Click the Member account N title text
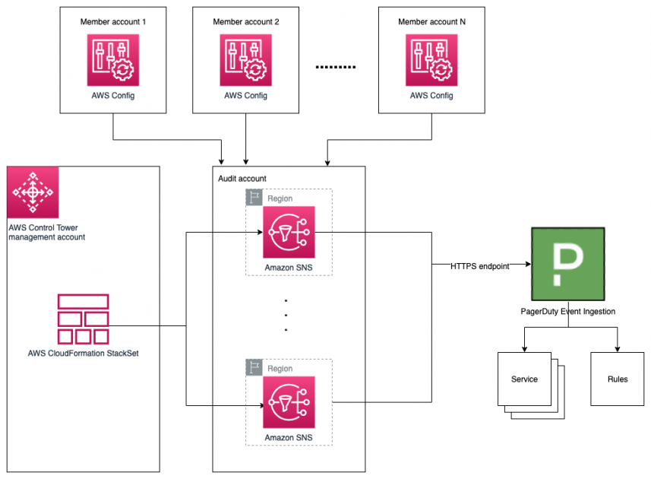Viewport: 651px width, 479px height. (431, 22)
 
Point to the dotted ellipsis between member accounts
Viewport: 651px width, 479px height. (335, 67)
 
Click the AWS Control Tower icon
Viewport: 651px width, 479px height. (33, 193)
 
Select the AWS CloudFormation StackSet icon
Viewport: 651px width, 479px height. (83, 319)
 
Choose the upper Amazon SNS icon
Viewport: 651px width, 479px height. (289, 233)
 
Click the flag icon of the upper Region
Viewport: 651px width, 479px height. (254, 198)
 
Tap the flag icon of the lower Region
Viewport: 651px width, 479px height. (254, 368)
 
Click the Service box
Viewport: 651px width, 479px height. (524, 379)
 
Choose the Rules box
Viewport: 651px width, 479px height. (617, 379)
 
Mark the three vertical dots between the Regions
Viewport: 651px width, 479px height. (286, 315)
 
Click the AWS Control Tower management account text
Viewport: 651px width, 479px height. (46, 232)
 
